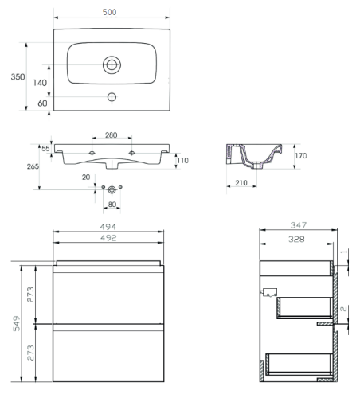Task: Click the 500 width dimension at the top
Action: point(109,12)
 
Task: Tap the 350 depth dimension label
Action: point(18,77)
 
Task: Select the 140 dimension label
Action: point(40,83)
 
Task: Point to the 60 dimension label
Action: point(42,103)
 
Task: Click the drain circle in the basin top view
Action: point(112,64)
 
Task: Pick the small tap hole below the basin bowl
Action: point(112,97)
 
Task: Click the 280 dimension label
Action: point(111,135)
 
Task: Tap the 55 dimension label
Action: point(45,149)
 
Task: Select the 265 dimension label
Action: point(33,166)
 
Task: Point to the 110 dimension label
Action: point(182,161)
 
